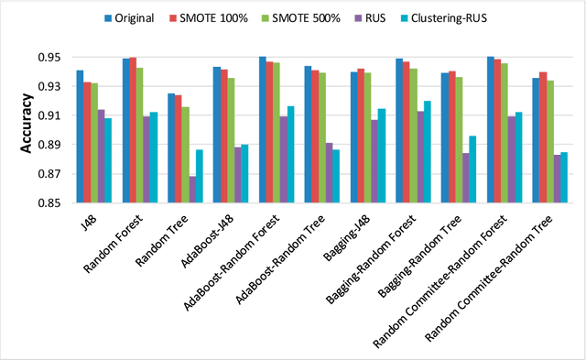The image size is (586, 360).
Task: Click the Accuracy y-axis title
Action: (x=28, y=130)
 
